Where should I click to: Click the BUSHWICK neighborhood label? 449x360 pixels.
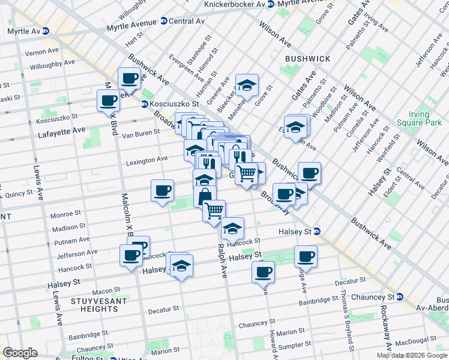click(x=307, y=59)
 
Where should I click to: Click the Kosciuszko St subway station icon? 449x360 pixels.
click(x=145, y=104)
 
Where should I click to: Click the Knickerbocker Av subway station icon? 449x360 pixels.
click(x=271, y=4)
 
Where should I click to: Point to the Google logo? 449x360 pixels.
click(x=20, y=353)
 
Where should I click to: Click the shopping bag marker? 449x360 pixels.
click(x=205, y=196)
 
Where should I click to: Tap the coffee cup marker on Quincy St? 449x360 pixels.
click(x=162, y=191)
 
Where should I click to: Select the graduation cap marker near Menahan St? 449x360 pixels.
click(x=246, y=85)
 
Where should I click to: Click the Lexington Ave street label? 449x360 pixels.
click(x=146, y=160)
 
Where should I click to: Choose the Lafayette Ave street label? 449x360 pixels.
click(x=62, y=131)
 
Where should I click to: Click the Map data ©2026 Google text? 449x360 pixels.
click(x=412, y=355)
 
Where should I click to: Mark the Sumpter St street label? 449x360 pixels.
click(x=294, y=345)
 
